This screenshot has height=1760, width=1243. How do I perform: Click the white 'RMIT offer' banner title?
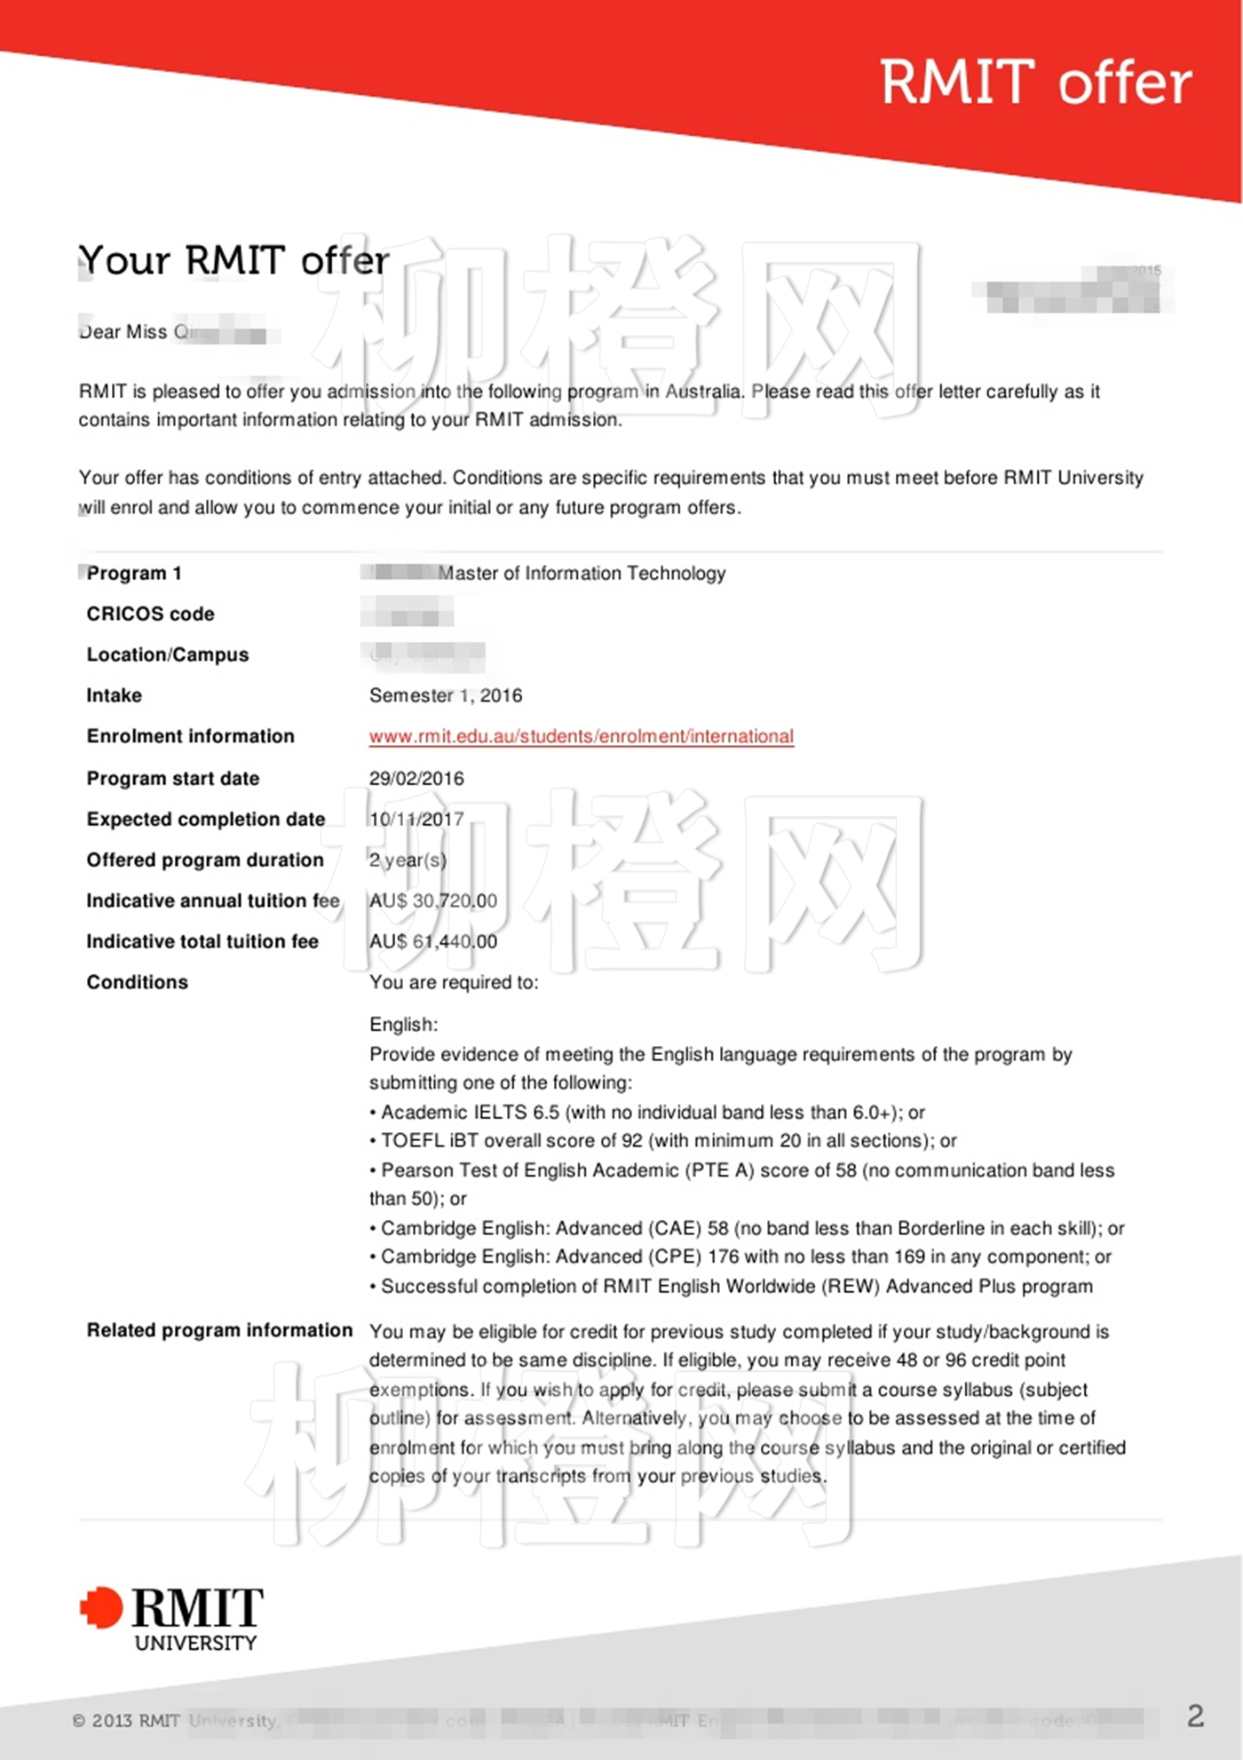[1035, 83]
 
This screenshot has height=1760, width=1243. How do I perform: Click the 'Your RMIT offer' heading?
[234, 261]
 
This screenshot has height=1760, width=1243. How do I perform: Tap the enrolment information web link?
[582, 736]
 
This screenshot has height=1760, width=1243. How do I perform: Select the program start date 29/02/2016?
[416, 779]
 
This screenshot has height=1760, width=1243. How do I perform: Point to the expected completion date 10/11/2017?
[416, 820]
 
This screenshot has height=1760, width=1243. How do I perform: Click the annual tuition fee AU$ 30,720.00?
[433, 901]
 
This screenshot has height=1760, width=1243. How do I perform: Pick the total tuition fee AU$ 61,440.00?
[433, 942]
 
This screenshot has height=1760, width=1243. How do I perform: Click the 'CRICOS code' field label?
[150, 614]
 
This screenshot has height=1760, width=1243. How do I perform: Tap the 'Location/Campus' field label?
[167, 654]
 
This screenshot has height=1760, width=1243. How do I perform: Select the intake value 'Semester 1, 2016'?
[446, 695]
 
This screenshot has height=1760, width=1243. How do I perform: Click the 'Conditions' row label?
[137, 982]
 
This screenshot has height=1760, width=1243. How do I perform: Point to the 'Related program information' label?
[219, 1330]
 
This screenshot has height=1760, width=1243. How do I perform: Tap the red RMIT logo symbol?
[101, 1608]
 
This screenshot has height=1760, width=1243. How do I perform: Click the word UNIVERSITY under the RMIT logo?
[195, 1644]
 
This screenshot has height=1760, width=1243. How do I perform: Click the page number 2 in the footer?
[1195, 1716]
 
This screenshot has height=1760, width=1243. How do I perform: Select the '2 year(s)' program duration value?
[408, 860]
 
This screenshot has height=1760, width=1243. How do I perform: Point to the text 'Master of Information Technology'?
[582, 574]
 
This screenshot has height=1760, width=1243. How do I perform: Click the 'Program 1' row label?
[134, 574]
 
